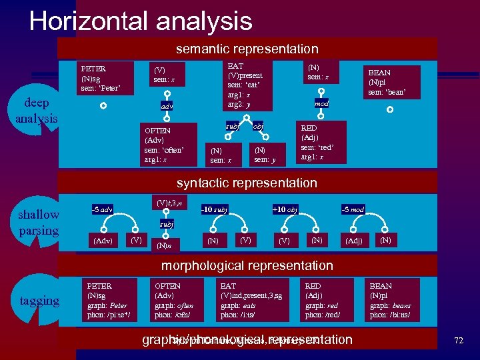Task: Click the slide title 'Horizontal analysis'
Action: pyautogui.click(x=141, y=21)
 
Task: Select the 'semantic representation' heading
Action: pyautogui.click(x=247, y=49)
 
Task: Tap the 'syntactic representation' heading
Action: pyautogui.click(x=247, y=183)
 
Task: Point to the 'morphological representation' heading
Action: pyautogui.click(x=247, y=266)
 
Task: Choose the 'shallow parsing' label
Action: pyautogui.click(x=39, y=223)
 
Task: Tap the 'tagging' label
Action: pyautogui.click(x=40, y=301)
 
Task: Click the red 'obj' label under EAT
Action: pyautogui.click(x=258, y=126)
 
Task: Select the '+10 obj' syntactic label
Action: pyautogui.click(x=285, y=210)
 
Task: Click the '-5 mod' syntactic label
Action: pyautogui.click(x=353, y=210)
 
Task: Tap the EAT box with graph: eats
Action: pyautogui.click(x=253, y=300)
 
